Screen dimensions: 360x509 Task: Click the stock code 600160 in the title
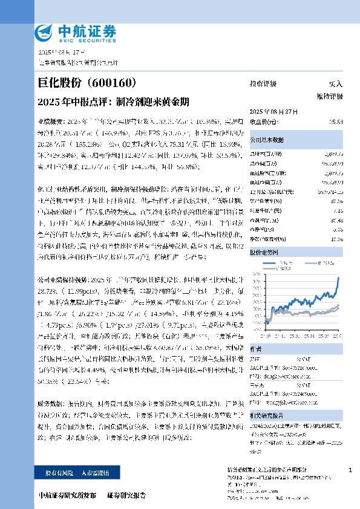pyautogui.click(x=117, y=83)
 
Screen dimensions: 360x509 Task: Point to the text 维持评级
pyautogui.click(x=329, y=96)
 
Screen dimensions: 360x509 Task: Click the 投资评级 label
pyautogui.click(x=263, y=83)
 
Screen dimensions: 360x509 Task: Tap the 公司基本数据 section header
pyautogui.click(x=267, y=140)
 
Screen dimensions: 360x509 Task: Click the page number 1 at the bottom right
pyautogui.click(x=351, y=470)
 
